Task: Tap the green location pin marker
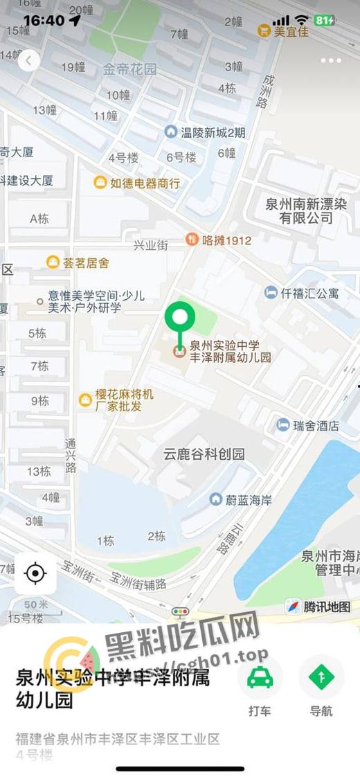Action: (x=180, y=319)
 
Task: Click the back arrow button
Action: (x=28, y=61)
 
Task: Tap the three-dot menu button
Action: (x=331, y=61)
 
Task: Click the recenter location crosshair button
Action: (x=35, y=573)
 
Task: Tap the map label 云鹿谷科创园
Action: (x=204, y=454)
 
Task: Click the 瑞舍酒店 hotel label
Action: (x=308, y=425)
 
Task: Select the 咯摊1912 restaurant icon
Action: (x=192, y=240)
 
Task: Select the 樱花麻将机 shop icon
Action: (x=85, y=400)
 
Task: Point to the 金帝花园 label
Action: (x=129, y=69)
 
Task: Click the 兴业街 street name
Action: (x=151, y=245)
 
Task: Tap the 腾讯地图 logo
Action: (x=319, y=607)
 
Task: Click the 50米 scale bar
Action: (x=37, y=605)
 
